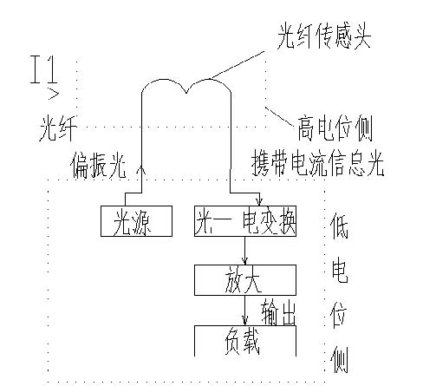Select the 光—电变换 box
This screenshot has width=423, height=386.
(x=245, y=222)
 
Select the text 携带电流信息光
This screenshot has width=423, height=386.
(x=316, y=162)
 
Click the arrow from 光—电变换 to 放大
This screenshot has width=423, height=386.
(x=245, y=251)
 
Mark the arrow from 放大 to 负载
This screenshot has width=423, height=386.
(x=245, y=311)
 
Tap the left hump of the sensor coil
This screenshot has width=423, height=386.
(x=164, y=87)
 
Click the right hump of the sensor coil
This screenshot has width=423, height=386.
(x=209, y=87)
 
